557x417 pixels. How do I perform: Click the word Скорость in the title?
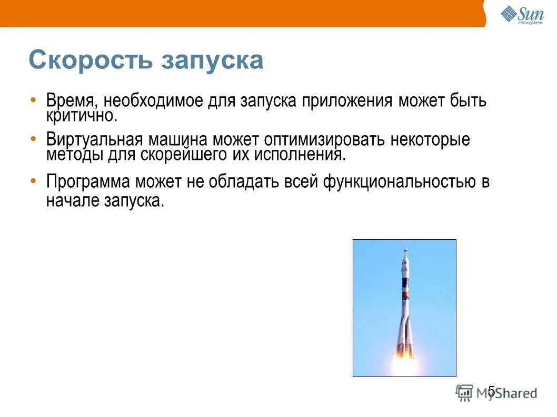pos(90,60)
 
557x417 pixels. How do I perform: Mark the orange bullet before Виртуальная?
pos(33,138)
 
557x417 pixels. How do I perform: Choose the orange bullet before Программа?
pos(33,180)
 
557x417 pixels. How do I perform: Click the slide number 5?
pos(491,390)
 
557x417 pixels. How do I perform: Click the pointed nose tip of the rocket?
pos(405,244)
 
